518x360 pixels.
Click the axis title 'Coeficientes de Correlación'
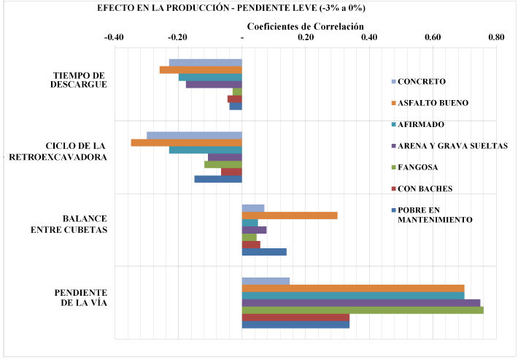(x=305, y=26)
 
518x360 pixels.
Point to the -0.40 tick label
(x=114, y=37)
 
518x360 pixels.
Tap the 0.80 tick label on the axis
(x=496, y=37)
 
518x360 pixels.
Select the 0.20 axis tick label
(x=306, y=37)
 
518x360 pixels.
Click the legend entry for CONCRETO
(x=422, y=81)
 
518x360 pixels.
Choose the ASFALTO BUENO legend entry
(x=433, y=102)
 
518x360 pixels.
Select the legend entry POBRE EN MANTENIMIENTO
(x=434, y=215)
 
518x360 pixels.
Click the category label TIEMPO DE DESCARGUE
(x=80, y=80)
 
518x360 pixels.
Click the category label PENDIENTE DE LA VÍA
(x=81, y=297)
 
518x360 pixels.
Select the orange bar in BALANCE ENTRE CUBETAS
(x=290, y=215)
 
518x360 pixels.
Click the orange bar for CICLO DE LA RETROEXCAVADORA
(x=186, y=142)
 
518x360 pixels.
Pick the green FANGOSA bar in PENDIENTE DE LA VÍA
(x=363, y=310)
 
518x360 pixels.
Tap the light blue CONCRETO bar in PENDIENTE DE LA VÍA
(x=266, y=281)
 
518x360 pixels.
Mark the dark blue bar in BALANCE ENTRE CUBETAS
(x=264, y=252)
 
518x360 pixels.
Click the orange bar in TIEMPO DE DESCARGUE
(x=201, y=70)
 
